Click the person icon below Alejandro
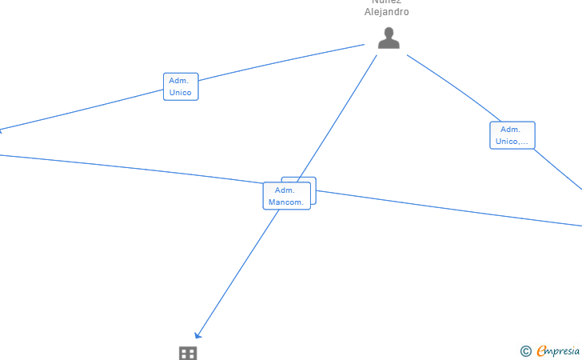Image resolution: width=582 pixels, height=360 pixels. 389,38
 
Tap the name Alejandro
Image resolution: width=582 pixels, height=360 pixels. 387,12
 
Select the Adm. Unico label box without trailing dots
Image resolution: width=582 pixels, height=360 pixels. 181,86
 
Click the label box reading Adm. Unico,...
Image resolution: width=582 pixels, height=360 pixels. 512,135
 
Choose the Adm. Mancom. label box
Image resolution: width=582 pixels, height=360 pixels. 286,196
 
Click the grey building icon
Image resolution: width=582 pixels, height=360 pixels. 188,353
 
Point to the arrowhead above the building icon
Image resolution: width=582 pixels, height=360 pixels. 198,334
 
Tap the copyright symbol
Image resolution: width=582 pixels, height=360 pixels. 525,351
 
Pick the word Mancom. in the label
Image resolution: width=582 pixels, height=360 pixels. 286,202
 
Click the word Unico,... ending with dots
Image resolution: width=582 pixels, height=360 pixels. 512,142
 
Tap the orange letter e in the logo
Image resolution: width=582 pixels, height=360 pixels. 541,351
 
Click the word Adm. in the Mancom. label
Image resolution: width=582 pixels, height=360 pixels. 285,190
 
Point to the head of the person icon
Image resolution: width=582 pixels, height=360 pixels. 389,33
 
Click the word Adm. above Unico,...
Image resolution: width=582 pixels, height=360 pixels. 511,130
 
